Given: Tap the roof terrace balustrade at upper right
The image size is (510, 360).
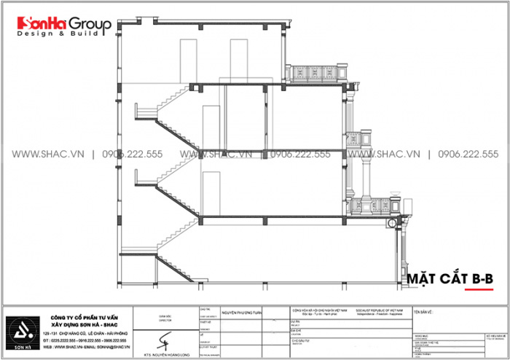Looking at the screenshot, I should tap(316, 74).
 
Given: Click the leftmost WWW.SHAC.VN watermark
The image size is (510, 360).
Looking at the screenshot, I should tap(40, 154).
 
